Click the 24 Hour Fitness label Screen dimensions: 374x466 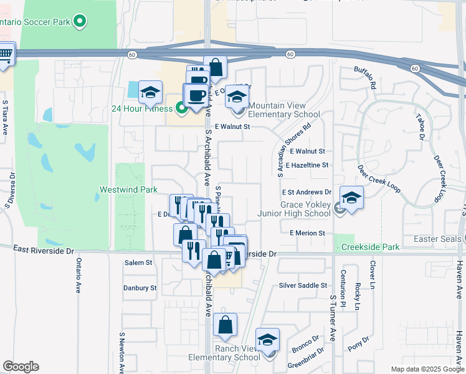141,108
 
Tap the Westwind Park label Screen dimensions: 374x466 123,189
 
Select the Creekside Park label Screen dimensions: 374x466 371,247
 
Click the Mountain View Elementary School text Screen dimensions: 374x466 284,110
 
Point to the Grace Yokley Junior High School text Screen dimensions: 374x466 294,209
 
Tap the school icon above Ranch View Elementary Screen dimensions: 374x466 268,339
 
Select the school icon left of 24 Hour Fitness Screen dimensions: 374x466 150,92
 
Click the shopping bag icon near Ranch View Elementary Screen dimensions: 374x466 226,324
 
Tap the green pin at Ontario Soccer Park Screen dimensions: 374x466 79,22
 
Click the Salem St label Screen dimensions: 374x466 138,262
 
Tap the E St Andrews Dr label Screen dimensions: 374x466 306,193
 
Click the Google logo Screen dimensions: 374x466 21,367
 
